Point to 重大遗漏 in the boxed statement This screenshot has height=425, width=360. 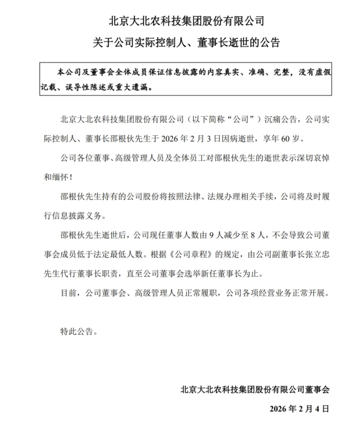pyautogui.click(x=132, y=87)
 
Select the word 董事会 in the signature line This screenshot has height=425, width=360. pyautogui.click(x=317, y=389)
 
